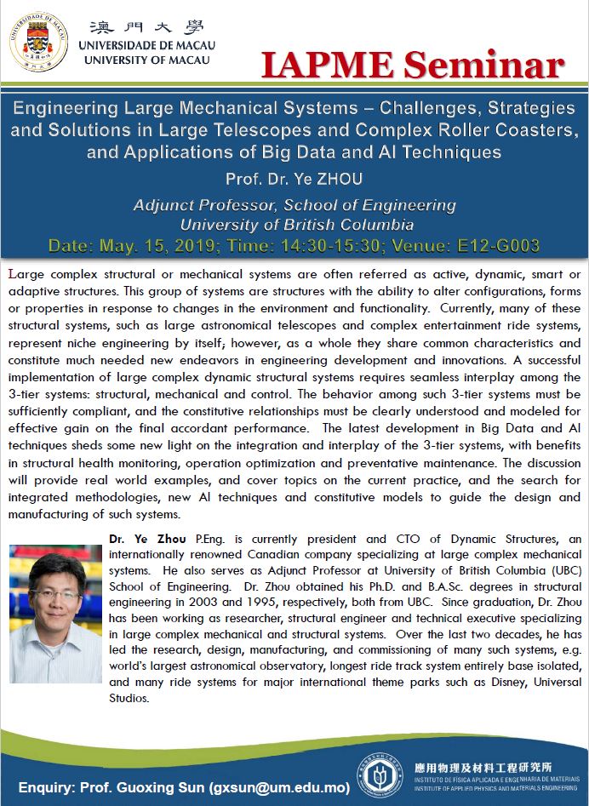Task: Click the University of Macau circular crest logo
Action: [x=39, y=39]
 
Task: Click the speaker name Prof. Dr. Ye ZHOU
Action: [x=294, y=180]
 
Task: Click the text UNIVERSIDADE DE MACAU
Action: [x=146, y=45]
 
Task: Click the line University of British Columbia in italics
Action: [x=296, y=225]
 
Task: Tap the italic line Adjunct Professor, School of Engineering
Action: [x=294, y=205]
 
